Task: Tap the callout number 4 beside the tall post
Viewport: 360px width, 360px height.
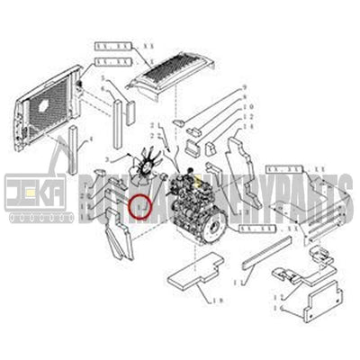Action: click(x=90, y=139)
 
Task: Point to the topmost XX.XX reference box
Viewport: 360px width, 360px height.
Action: click(x=112, y=44)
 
